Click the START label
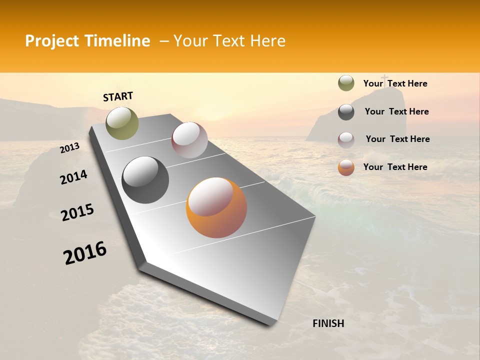tap(118, 96)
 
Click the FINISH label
tap(328, 323)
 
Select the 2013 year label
tap(69, 148)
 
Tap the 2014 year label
tap(73, 177)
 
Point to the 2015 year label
tap(77, 212)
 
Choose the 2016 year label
tap(85, 253)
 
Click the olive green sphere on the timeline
tap(122, 123)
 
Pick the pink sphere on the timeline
tap(189, 140)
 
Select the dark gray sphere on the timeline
tap(145, 180)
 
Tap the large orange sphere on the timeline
tap(216, 207)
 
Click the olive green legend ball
tap(346, 83)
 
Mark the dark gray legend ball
tap(346, 112)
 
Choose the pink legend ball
tap(346, 140)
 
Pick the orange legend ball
tap(346, 167)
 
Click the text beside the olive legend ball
tap(395, 83)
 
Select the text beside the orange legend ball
tap(395, 167)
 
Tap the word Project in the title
tap(51, 41)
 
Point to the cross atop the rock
tap(384, 78)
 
